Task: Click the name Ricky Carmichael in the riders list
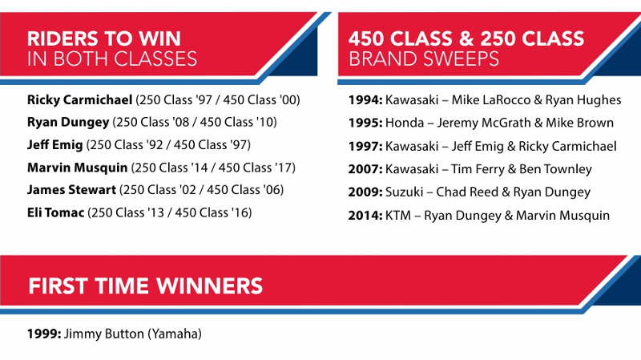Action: (x=79, y=99)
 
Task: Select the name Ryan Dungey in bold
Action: (x=68, y=123)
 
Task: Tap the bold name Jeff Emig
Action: (x=54, y=145)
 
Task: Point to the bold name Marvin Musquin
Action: (x=77, y=168)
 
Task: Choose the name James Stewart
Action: (x=71, y=190)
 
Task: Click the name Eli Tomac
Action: (x=55, y=212)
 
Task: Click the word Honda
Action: (x=405, y=123)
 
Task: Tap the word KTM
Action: (x=398, y=215)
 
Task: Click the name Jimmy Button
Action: (x=104, y=334)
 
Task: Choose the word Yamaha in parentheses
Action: (x=175, y=334)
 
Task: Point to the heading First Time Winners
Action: (x=146, y=285)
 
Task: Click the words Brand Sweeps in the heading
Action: (x=424, y=59)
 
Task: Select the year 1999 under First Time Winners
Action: (x=44, y=334)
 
